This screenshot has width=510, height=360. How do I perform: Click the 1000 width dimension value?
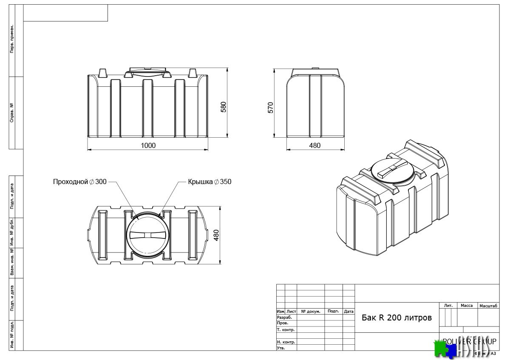click(x=148, y=145)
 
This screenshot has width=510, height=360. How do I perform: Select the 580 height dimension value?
click(x=224, y=107)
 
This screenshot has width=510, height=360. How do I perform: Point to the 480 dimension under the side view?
click(x=314, y=145)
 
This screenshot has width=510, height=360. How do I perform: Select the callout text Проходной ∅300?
click(x=80, y=181)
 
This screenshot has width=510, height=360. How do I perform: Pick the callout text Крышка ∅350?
click(x=210, y=181)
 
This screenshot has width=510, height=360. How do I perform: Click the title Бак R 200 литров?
click(x=397, y=317)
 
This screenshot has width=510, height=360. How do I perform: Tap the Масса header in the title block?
click(x=466, y=306)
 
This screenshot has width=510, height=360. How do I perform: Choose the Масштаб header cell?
click(x=488, y=306)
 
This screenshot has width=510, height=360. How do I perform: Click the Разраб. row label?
click(x=284, y=317)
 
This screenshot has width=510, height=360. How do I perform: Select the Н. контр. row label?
click(x=286, y=342)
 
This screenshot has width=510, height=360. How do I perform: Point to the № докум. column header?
click(x=310, y=311)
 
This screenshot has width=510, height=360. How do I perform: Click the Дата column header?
click(x=348, y=311)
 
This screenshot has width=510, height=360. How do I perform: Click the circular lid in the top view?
click(x=147, y=235)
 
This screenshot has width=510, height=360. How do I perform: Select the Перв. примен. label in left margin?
click(x=12, y=39)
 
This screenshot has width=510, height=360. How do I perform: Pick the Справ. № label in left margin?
click(x=12, y=113)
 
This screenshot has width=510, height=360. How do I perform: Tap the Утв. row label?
click(x=281, y=348)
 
